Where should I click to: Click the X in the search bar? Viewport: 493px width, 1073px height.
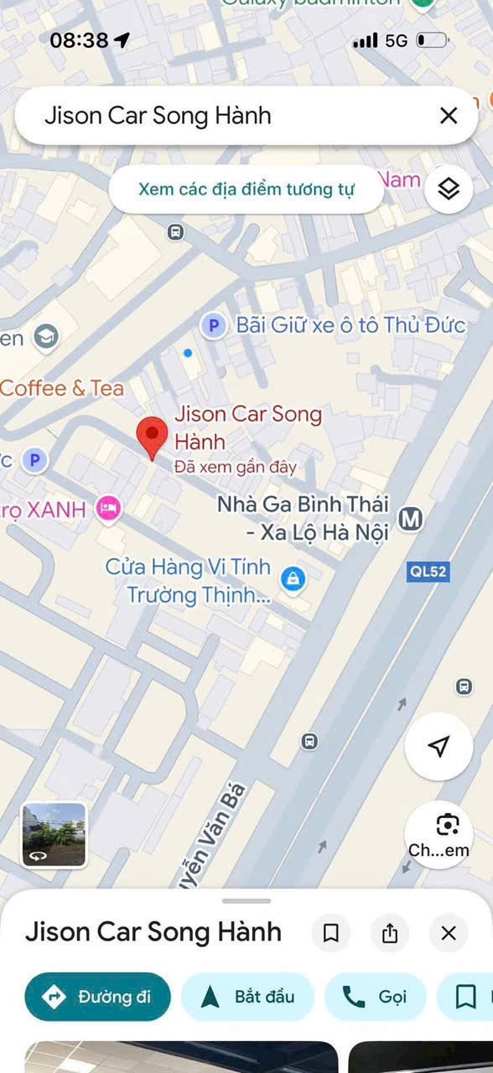point(449,116)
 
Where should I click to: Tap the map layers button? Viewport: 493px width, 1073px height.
point(449,189)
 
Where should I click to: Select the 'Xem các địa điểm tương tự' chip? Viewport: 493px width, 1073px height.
point(246,189)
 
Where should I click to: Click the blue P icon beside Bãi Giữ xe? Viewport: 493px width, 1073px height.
point(214,325)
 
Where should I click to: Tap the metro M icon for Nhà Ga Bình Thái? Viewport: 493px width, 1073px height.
point(410,519)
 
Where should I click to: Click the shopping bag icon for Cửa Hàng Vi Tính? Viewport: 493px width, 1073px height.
point(293,578)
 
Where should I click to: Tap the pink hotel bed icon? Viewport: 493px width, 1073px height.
point(108,508)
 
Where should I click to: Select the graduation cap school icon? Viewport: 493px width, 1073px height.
point(46,337)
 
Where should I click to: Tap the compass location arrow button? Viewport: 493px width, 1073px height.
point(439,747)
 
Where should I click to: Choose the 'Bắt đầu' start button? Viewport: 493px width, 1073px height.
point(248,997)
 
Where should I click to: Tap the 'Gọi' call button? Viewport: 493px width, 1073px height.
point(375,997)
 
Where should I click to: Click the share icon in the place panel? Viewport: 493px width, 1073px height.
point(390,933)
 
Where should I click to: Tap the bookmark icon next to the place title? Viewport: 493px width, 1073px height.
point(331,933)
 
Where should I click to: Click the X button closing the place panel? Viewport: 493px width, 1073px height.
point(449,933)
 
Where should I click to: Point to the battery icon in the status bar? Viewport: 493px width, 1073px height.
point(433,40)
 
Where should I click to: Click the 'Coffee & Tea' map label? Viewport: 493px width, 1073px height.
point(62,388)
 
